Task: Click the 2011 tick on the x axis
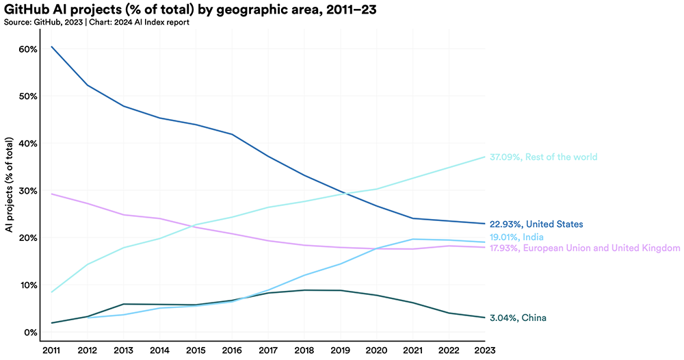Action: (52, 350)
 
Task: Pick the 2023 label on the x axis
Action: (486, 350)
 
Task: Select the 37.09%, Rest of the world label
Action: (544, 157)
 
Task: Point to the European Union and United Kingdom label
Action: (585, 248)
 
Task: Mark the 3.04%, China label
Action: (518, 318)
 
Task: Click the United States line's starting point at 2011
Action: (52, 47)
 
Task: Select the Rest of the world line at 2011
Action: (52, 292)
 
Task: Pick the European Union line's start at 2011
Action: (52, 194)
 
